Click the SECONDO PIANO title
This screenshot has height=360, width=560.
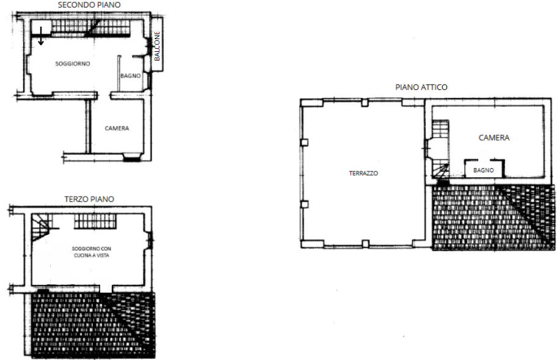(x=89, y=5)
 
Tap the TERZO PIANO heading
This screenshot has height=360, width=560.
(x=89, y=199)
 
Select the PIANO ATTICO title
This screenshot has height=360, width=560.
(x=421, y=87)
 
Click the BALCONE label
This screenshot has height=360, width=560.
(x=157, y=46)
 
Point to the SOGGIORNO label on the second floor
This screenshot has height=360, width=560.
(x=73, y=64)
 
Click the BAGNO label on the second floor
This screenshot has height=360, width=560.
(x=130, y=76)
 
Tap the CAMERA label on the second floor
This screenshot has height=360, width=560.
(x=117, y=128)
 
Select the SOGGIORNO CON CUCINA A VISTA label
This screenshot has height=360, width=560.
(x=92, y=252)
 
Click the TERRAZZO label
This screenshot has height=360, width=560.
(x=363, y=174)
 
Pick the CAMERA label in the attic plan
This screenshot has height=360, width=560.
(x=494, y=138)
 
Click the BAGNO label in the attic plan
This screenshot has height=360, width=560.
(x=484, y=170)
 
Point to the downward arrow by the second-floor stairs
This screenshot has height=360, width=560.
(x=41, y=35)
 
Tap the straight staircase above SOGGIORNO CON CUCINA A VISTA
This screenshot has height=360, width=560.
(x=95, y=221)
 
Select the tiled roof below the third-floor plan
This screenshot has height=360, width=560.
(x=93, y=325)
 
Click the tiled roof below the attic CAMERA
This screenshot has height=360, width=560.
(x=493, y=217)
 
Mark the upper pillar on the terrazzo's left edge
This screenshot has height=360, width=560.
(x=304, y=142)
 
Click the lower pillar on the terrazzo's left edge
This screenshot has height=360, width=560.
(x=304, y=205)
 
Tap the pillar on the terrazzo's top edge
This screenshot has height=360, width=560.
(x=365, y=103)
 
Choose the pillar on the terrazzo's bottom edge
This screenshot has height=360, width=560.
(x=365, y=244)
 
